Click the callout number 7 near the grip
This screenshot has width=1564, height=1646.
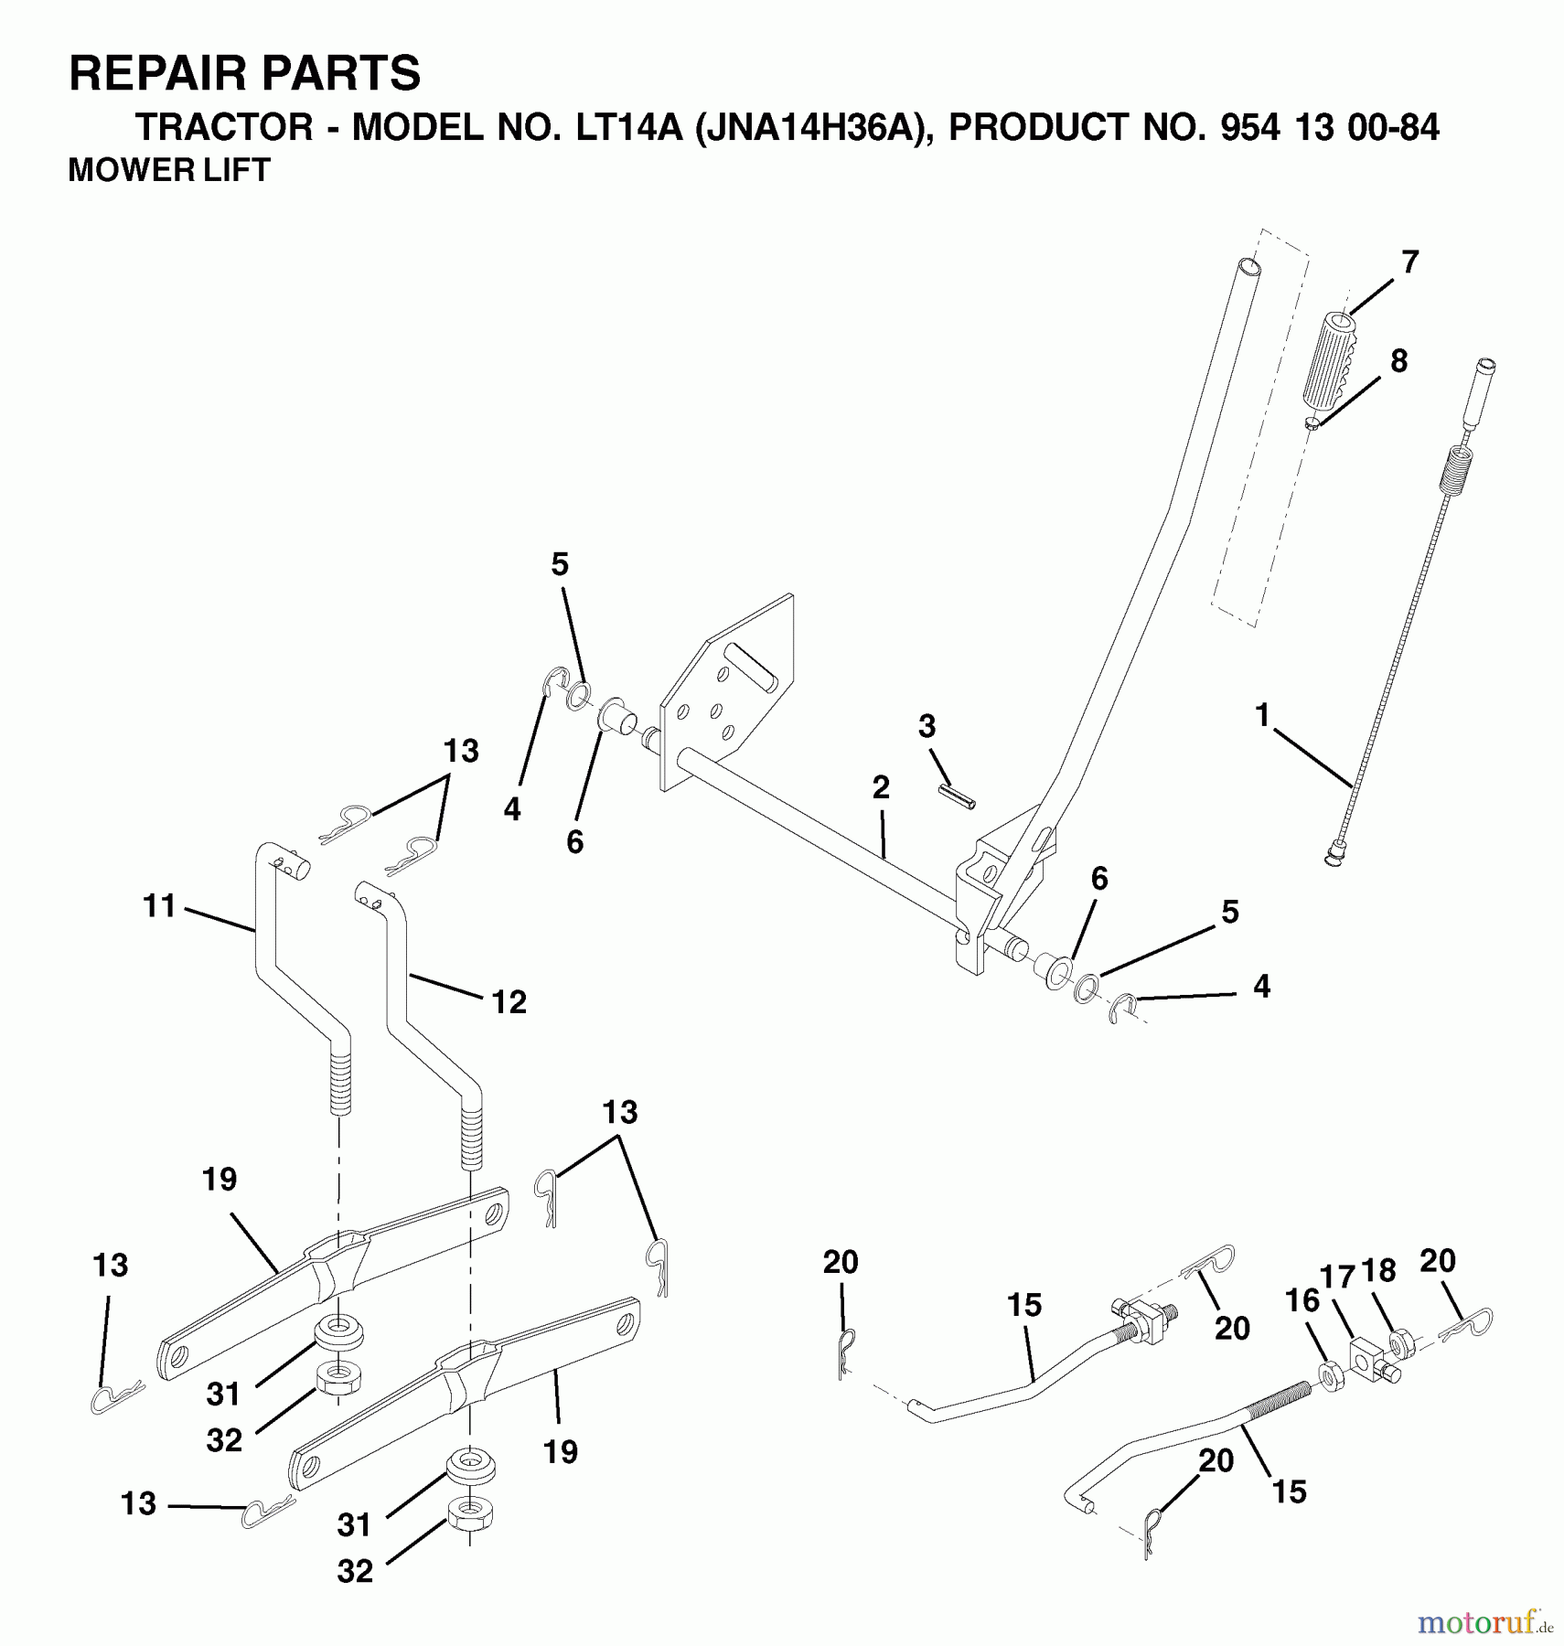pyautogui.click(x=1409, y=262)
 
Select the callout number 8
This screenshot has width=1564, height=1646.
pyautogui.click(x=1398, y=360)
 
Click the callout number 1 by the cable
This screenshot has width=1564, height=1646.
pyautogui.click(x=1262, y=714)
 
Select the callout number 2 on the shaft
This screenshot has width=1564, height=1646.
pyautogui.click(x=880, y=787)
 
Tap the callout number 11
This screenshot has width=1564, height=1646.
pyautogui.click(x=159, y=906)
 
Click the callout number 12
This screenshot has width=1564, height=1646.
pyautogui.click(x=509, y=1002)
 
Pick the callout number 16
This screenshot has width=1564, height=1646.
pyautogui.click(x=1302, y=1300)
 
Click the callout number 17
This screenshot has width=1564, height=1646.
pyautogui.click(x=1338, y=1277)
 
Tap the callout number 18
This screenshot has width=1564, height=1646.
pyautogui.click(x=1378, y=1271)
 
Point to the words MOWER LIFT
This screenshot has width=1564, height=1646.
pyautogui.click(x=169, y=170)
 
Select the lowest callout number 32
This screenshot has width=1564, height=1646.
pyautogui.click(x=355, y=1571)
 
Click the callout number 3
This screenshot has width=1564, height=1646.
pyautogui.click(x=927, y=727)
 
